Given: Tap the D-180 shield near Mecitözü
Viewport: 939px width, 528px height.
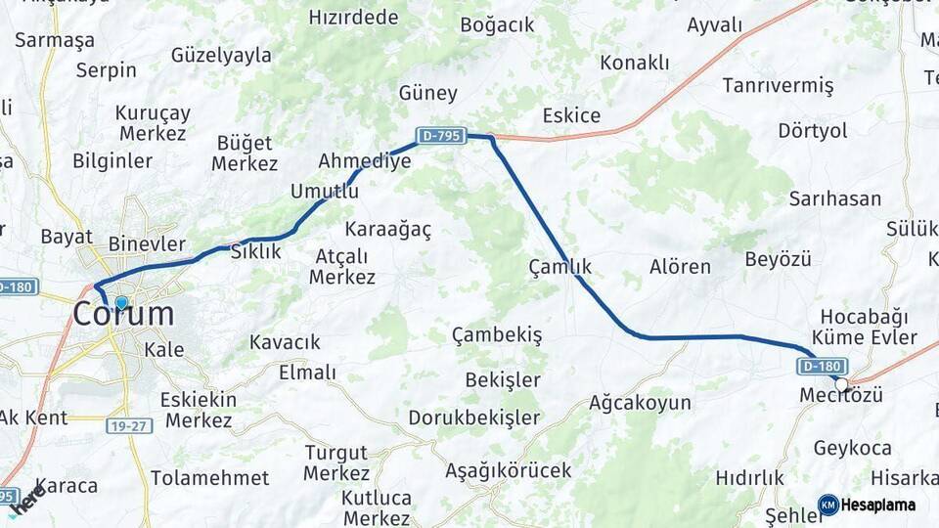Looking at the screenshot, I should click(x=820, y=366).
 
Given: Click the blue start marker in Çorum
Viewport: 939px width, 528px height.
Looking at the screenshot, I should click(x=121, y=303).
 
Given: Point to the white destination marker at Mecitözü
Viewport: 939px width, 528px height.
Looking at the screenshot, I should click(x=841, y=384).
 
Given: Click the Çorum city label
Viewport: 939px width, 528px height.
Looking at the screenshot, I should click(x=124, y=315).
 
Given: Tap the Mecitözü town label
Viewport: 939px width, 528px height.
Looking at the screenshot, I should click(x=841, y=395).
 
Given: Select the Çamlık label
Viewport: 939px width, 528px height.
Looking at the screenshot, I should click(x=559, y=266).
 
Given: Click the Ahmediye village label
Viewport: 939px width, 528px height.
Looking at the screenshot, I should click(x=365, y=161).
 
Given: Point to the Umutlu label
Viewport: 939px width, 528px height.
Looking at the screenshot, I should click(x=324, y=192).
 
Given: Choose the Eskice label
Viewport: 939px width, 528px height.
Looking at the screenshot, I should click(x=571, y=115).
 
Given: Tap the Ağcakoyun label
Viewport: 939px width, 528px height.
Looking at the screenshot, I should click(x=640, y=402).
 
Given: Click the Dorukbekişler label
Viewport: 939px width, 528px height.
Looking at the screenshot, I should click(x=473, y=418).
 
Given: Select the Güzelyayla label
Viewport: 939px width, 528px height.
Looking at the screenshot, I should click(x=221, y=55).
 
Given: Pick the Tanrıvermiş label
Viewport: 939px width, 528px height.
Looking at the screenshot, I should click(x=778, y=86).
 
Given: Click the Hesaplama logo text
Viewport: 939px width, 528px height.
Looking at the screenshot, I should click(x=878, y=505).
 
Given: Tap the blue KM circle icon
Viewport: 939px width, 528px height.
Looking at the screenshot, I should click(x=828, y=505).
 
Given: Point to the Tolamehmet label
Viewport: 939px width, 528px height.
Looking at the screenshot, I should click(x=209, y=478).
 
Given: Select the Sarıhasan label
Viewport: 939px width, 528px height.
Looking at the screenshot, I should click(x=834, y=198).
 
